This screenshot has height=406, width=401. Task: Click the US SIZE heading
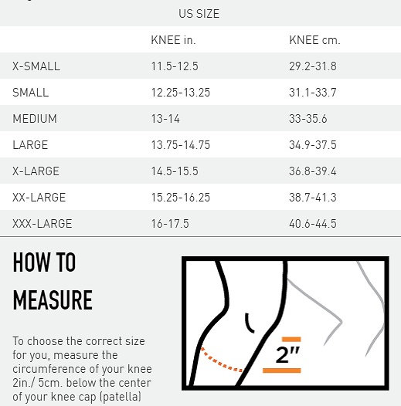pos(199,14)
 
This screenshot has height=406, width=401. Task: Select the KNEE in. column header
pos(173,40)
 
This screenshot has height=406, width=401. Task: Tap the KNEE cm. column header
pos(314,40)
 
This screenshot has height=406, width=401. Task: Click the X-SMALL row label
pos(36,66)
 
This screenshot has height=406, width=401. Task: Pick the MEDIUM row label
pos(35,119)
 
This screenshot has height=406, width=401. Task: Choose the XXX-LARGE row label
pos(42,224)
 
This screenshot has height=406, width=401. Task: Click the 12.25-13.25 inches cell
pos(180,93)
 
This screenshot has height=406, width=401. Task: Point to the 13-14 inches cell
pos(165,119)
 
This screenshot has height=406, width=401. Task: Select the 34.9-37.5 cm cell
pos(313,145)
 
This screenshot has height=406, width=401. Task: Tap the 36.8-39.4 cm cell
pos(313,171)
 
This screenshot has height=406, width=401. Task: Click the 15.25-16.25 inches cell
pos(180,198)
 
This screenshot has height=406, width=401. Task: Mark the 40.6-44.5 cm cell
pos(313,224)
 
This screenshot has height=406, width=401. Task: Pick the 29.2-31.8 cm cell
pos(313,66)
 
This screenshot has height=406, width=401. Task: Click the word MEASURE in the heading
pos(53,299)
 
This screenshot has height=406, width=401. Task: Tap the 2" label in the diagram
pos(287,354)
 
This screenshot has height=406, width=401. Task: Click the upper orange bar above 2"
pos(291,339)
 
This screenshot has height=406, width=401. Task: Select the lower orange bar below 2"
pos(282,370)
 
